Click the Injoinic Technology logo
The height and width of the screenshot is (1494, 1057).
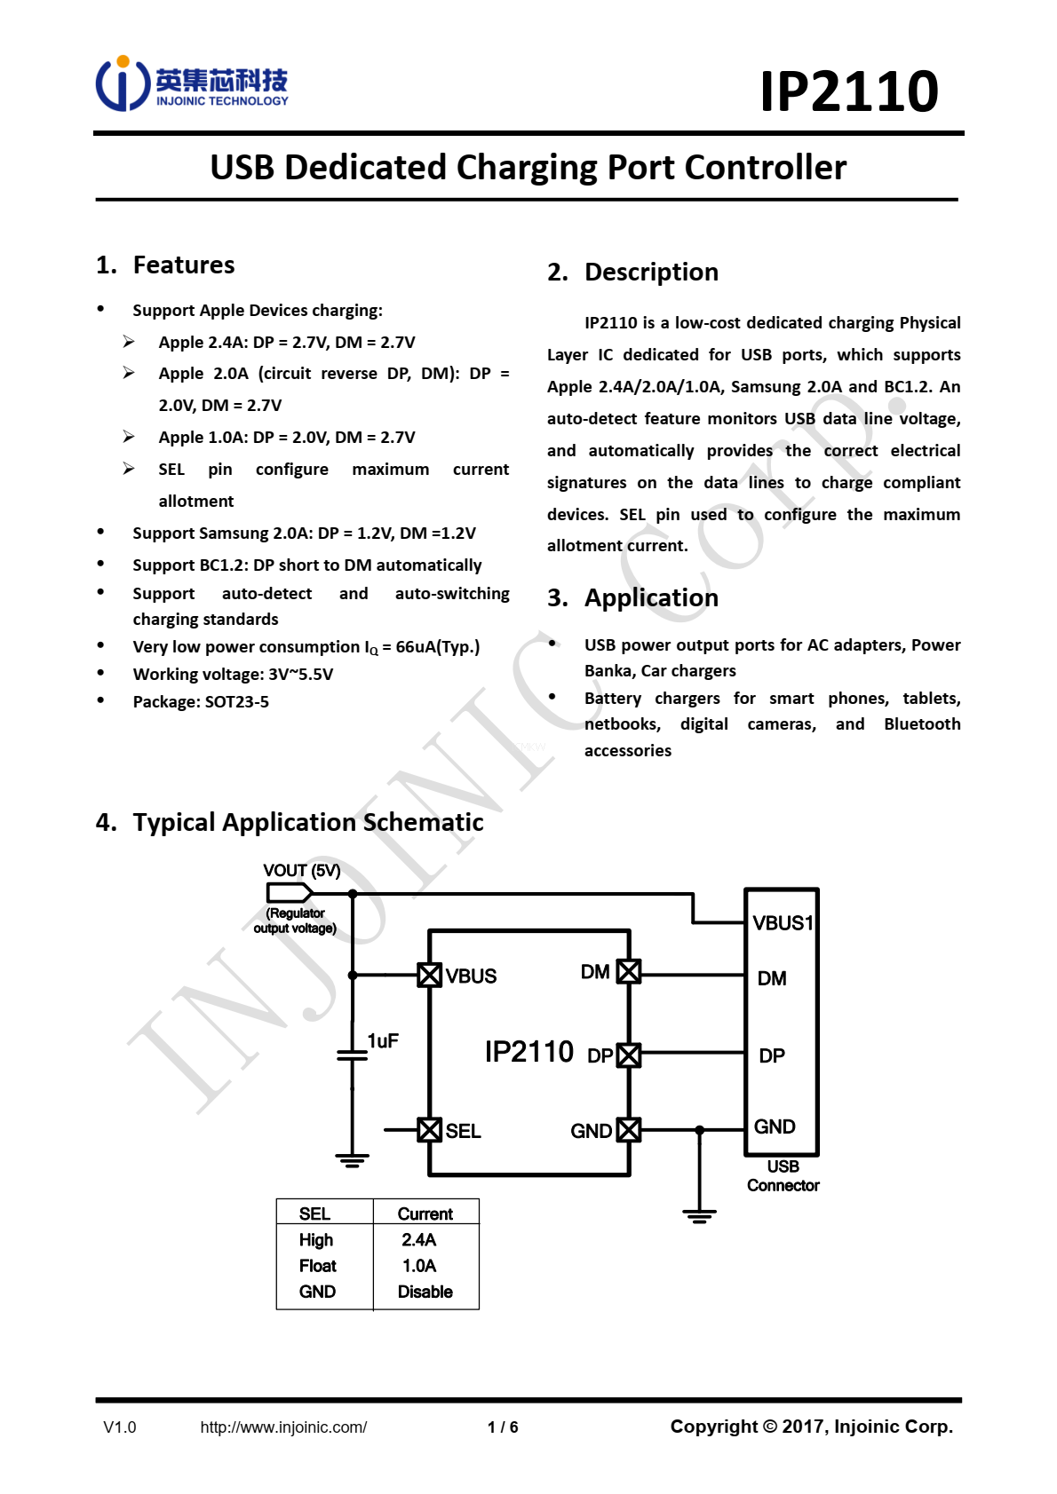[191, 84]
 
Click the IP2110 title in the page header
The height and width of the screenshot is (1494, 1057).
[848, 91]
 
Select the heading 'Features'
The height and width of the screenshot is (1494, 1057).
[183, 265]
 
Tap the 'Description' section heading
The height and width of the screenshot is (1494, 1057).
[650, 272]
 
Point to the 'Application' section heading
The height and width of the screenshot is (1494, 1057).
[650, 597]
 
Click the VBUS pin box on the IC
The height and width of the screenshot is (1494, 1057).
[430, 975]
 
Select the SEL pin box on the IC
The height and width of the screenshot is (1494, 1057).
[430, 1130]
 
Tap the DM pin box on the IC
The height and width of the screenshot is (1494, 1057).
[629, 971]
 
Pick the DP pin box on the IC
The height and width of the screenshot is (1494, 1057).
[629, 1055]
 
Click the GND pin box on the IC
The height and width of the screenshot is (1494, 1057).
[629, 1130]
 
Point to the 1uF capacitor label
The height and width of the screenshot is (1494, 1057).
[383, 1040]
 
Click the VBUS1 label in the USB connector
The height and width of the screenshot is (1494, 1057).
[782, 923]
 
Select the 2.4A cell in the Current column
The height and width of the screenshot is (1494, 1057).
[418, 1239]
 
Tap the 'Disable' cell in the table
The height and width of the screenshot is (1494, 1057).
[425, 1292]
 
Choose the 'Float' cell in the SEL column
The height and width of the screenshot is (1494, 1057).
[317, 1266]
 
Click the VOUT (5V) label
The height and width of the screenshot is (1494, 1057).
[301, 871]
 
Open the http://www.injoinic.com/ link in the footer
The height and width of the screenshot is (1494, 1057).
[283, 1427]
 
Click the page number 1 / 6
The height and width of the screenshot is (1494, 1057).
[503, 1427]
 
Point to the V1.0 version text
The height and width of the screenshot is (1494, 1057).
[120, 1427]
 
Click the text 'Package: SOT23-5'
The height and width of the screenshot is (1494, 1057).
[201, 701]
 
